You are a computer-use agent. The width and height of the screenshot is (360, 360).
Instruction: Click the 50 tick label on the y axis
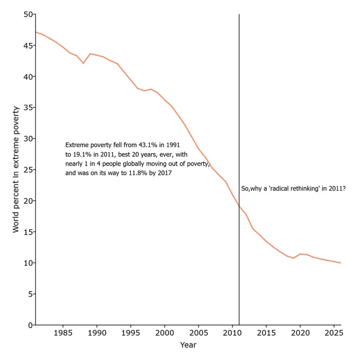tap(28, 14)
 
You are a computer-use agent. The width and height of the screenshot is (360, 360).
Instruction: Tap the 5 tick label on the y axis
tap(31, 294)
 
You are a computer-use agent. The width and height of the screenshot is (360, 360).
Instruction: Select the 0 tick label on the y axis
tap(31, 325)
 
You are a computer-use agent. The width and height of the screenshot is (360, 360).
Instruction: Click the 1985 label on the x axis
tap(63, 332)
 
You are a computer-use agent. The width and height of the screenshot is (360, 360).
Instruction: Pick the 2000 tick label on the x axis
tap(165, 332)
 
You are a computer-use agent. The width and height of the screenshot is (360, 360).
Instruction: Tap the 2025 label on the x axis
tap(334, 332)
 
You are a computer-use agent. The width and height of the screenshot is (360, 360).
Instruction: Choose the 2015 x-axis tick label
tap(266, 332)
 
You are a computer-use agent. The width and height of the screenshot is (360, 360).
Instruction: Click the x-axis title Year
tap(188, 345)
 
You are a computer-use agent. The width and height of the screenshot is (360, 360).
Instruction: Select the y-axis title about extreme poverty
tap(15, 169)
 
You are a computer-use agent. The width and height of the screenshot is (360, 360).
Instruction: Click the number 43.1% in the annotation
tap(148, 145)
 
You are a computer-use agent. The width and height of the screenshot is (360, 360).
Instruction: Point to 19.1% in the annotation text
tap(83, 154)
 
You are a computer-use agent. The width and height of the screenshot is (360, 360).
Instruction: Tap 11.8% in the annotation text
tap(138, 173)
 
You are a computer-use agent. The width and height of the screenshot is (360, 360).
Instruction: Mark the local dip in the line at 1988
tap(83, 63)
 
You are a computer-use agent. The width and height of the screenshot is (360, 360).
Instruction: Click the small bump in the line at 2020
tap(300, 254)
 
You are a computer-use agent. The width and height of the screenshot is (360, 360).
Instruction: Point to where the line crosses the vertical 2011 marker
tap(239, 206)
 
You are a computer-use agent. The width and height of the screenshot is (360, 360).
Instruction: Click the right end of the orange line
tap(341, 263)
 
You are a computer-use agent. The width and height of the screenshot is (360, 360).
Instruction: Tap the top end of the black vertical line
tap(239, 14)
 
